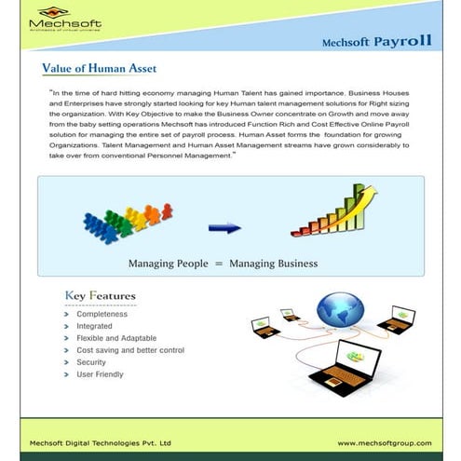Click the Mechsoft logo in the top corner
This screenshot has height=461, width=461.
pos(65,20)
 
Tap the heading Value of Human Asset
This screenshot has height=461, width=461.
pos(100,68)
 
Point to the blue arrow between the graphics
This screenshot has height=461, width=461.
pos(224,226)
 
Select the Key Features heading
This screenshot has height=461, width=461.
pos(100,297)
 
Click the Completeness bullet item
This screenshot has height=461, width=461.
pos(102,315)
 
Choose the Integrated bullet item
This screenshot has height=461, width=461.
pos(95,327)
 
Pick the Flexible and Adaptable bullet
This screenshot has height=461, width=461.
pos(115,339)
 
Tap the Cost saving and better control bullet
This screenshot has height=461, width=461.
pos(129,350)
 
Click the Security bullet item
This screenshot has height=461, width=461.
pos(91,362)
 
